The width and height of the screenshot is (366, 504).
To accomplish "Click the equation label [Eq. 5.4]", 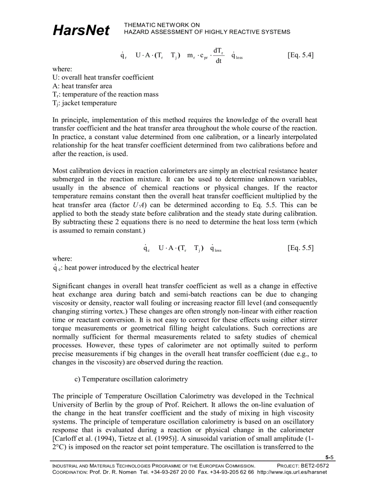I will pos(300,55).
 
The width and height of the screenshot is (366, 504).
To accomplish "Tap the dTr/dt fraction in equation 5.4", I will pos(219,56).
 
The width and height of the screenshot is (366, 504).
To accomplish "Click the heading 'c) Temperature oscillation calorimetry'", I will pos(131,379).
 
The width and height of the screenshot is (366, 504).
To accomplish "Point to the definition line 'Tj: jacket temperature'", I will pos(84,103).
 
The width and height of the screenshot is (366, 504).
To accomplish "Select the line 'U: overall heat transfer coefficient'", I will pos(103,77).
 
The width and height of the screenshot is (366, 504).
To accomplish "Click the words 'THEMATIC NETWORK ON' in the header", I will pos(162,25).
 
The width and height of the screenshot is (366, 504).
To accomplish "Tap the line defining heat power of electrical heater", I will pos(126,268).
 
